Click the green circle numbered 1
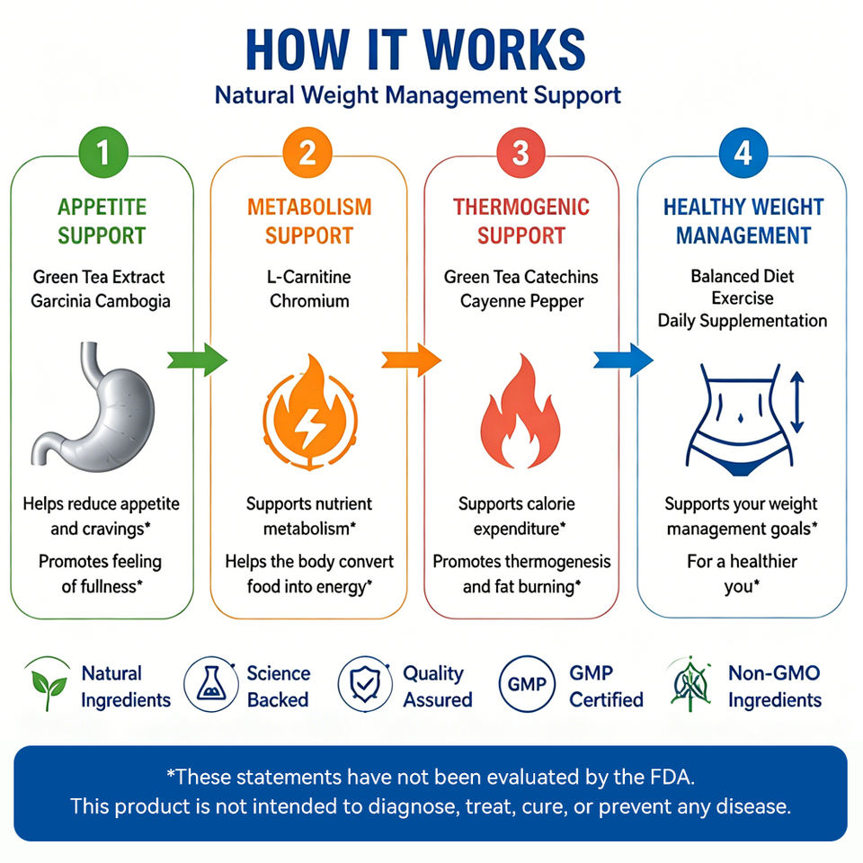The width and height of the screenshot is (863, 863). [x=103, y=153]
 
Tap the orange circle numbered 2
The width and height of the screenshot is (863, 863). [x=307, y=153]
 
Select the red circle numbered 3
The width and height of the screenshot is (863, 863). [x=520, y=153]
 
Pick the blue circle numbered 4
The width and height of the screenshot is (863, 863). [x=743, y=153]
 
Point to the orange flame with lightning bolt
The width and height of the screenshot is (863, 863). [x=310, y=412]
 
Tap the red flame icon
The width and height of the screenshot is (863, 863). [x=520, y=412]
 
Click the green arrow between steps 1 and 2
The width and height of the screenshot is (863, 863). [x=197, y=360]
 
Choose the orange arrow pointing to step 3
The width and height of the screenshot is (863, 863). [x=411, y=360]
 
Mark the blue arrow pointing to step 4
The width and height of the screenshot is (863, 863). [x=623, y=360]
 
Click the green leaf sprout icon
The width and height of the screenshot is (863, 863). [x=48, y=685]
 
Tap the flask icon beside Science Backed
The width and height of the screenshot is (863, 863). [x=211, y=684]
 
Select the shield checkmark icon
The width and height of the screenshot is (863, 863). [x=365, y=684]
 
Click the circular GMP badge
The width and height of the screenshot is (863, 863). [x=527, y=684]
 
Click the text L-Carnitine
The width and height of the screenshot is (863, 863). [x=308, y=276]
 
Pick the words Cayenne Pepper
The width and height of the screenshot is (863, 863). [x=521, y=302]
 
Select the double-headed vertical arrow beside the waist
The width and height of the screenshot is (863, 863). [x=797, y=402]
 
